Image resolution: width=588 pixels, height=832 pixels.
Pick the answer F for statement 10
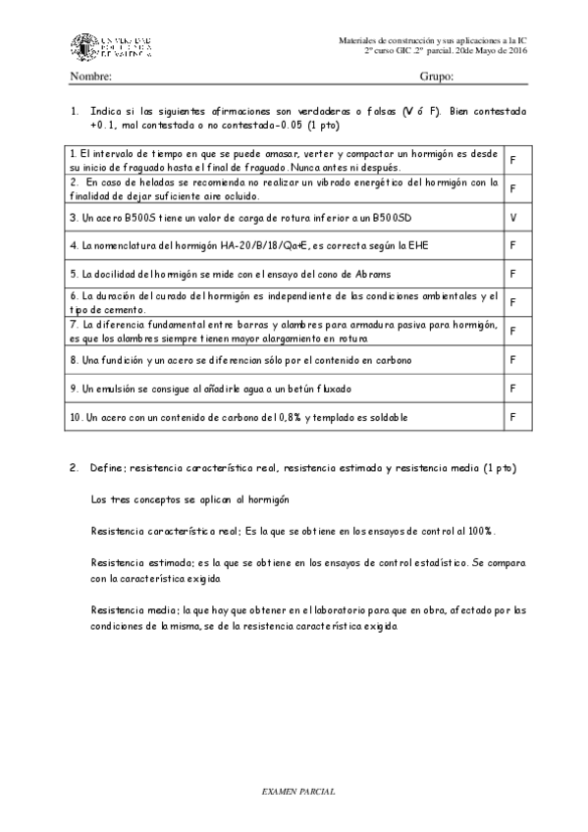coord(513,416)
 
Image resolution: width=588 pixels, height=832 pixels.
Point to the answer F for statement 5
coord(513,273)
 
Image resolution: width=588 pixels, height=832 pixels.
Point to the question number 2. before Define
coord(74,468)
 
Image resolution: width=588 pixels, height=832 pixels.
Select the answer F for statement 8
coord(513,360)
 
